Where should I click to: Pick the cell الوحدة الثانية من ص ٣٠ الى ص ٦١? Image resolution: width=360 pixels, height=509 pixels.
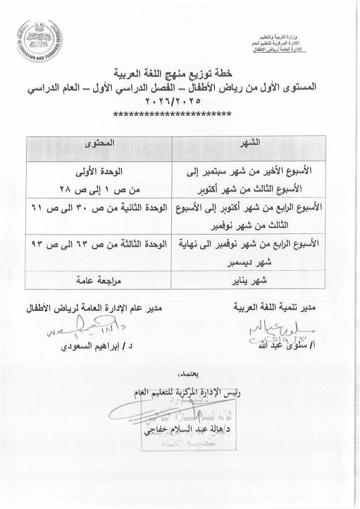[97, 207]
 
